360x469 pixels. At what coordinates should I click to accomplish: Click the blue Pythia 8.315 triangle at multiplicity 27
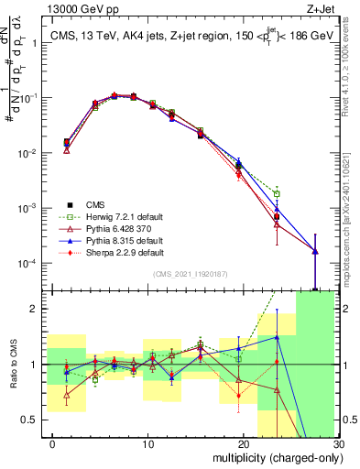(x=314, y=251)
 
